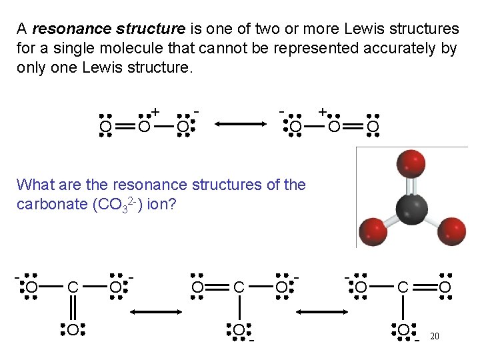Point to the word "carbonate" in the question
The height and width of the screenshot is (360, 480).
[x=48, y=203]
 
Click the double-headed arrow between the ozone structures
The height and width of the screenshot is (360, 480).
[x=239, y=123]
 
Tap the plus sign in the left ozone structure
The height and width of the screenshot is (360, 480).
[x=155, y=111]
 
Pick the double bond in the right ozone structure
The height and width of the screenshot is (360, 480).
[x=354, y=126]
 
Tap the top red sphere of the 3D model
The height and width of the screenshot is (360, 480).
[x=411, y=164]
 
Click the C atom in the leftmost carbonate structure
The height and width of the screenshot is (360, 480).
[x=73, y=288]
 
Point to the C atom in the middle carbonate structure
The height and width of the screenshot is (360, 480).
[x=239, y=288]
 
